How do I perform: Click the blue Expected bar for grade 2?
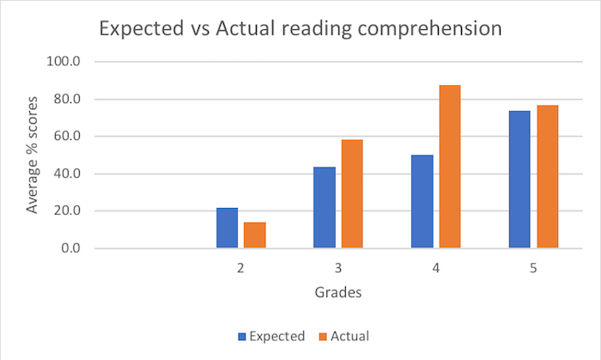[x=227, y=228]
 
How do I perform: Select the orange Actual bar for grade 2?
[x=255, y=235]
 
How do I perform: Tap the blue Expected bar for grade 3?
[x=324, y=207]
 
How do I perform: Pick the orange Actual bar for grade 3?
[x=352, y=193]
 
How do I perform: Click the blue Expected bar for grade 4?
[x=422, y=201]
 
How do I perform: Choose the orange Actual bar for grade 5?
[x=548, y=176]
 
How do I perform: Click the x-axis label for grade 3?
[x=338, y=269]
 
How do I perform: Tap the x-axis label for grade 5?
[x=533, y=269]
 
